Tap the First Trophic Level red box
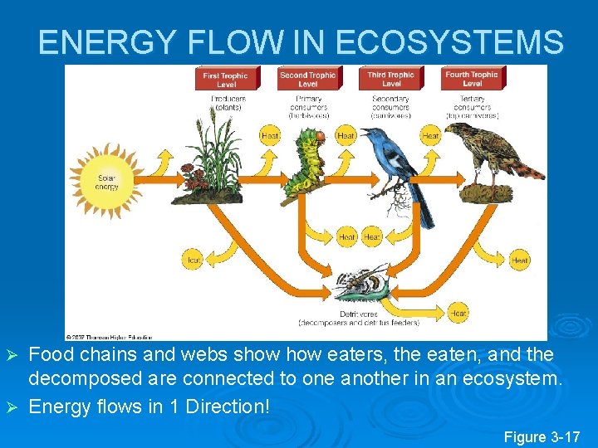pyautogui.click(x=226, y=79)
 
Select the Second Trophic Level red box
pyautogui.click(x=307, y=79)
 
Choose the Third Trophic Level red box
pyautogui.click(x=391, y=79)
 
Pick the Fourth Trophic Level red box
pyautogui.click(x=472, y=79)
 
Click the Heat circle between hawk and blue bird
pyautogui.click(x=430, y=136)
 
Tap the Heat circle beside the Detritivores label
pyautogui.click(x=458, y=313)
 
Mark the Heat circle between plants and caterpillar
pyautogui.click(x=270, y=136)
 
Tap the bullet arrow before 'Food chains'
pyautogui.click(x=12, y=355)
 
